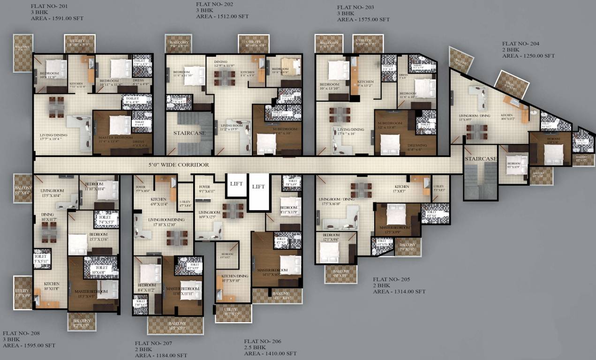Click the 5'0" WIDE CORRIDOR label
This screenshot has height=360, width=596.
click(179, 165)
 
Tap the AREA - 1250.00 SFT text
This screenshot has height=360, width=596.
click(528, 56)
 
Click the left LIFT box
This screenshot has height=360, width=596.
click(236, 184)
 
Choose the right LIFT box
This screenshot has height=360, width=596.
click(258, 187)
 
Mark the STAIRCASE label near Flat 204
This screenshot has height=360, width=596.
click(481, 159)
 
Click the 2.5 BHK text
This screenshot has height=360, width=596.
click(255, 347)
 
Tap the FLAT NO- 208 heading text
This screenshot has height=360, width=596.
click(22, 333)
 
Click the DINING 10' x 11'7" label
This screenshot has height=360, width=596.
click(49, 217)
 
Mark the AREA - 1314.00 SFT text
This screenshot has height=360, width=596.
click(399, 291)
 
